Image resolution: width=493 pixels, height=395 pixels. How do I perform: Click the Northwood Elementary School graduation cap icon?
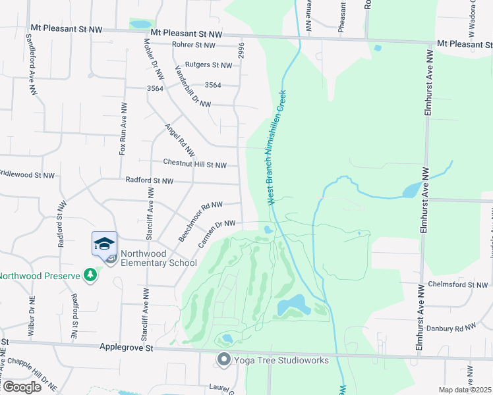tap(105, 244)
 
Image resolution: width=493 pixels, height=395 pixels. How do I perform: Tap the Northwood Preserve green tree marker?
tap(91, 275)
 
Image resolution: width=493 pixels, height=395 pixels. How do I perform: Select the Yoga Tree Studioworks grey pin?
tap(224, 359)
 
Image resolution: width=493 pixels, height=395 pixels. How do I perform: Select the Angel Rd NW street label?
tap(176, 140)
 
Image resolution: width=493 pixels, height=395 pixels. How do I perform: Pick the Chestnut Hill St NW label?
tap(194, 165)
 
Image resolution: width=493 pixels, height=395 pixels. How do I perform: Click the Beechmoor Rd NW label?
tap(200, 221)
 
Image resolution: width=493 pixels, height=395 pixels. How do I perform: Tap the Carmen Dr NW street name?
tap(217, 234)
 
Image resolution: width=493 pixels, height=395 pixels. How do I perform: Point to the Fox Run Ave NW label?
tap(123, 128)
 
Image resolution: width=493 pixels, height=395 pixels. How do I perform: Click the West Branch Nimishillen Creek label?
tap(277, 147)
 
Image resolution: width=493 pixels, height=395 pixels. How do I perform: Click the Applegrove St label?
tap(126, 346)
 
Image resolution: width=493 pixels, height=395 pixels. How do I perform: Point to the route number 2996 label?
tap(242, 51)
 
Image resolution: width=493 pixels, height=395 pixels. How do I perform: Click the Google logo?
tap(21, 387)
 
